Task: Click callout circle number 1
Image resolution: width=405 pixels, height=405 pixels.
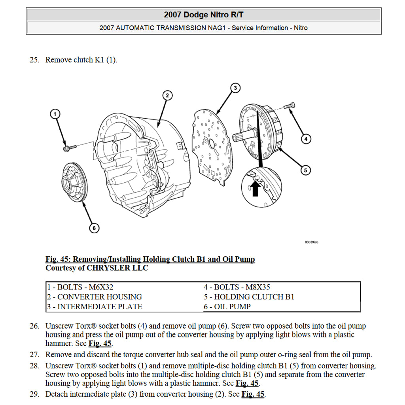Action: pos(55,114)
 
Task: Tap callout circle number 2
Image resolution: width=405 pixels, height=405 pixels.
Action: pos(167,95)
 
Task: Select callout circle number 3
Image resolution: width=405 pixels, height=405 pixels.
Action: pos(235,87)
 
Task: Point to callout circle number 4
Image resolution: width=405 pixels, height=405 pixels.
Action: pos(305,139)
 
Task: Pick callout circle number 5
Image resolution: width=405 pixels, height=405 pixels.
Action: pos(305,170)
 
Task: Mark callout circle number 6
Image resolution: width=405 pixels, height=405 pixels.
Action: pos(94,228)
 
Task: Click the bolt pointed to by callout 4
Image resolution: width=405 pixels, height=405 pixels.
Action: pos(290,106)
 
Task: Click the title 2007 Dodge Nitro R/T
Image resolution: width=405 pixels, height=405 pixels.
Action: pos(204,15)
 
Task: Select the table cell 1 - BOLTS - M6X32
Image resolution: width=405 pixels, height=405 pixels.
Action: pos(83,287)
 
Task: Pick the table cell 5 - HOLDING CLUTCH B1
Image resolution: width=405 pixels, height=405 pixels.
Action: pos(249,297)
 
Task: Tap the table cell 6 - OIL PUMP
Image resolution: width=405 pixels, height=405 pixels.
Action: pos(227,307)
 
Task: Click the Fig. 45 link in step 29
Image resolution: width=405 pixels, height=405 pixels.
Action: pos(253,394)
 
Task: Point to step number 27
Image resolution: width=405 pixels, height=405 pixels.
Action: pos(34,355)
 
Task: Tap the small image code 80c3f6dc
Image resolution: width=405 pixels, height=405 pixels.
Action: pos(312,242)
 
